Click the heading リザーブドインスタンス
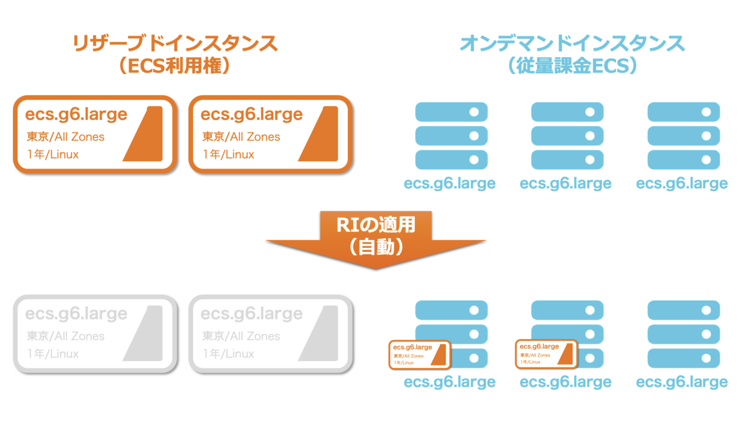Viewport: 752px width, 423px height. [x=175, y=44]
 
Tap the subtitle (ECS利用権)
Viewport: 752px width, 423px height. [x=175, y=66]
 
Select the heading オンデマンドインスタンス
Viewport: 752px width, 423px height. [x=572, y=44]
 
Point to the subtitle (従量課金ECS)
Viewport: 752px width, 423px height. [x=572, y=66]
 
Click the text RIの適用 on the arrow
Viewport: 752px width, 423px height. [x=376, y=224]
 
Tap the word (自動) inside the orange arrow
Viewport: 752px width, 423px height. [x=376, y=247]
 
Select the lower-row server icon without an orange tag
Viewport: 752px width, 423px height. [x=683, y=335]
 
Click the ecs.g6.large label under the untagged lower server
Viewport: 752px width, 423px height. [x=682, y=382]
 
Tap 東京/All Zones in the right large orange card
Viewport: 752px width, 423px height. [x=241, y=137]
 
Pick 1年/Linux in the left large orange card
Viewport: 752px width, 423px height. [x=53, y=154]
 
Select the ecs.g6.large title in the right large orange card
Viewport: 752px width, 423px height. [x=251, y=115]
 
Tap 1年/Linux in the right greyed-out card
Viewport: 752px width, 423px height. [x=228, y=353]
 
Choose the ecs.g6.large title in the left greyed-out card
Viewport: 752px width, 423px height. [x=76, y=314]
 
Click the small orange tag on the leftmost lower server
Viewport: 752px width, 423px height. [x=419, y=353]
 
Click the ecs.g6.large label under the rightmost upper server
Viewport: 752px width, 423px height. [x=682, y=184]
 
